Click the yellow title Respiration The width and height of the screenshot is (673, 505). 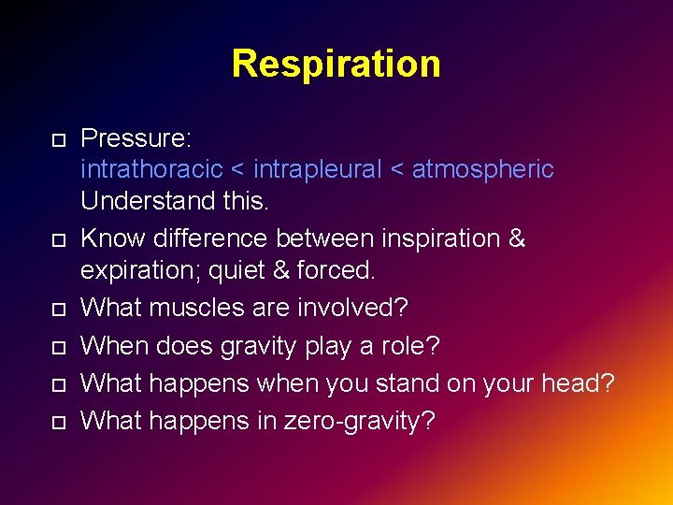[336, 64]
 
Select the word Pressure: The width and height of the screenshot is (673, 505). [136, 138]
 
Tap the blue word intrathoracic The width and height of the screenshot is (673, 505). [151, 170]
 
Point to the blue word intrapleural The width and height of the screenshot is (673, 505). [318, 170]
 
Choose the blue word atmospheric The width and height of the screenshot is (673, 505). [482, 170]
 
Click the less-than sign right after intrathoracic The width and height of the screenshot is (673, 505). [237, 170]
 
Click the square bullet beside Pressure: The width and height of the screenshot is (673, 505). [58, 140]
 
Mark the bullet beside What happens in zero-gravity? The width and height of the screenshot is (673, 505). [58, 423]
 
